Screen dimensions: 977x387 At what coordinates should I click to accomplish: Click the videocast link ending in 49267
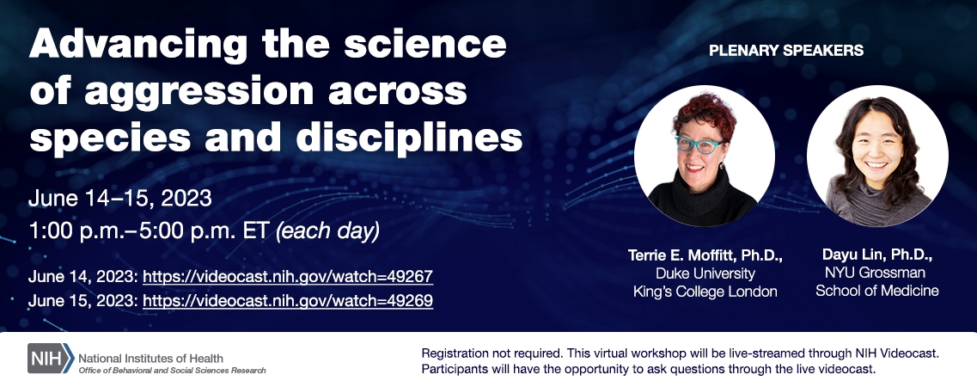pos(288,276)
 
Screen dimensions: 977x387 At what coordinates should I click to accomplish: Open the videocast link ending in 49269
pos(288,301)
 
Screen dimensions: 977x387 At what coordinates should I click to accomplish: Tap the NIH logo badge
pos(51,359)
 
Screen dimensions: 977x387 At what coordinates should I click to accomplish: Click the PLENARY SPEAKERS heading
pos(786,51)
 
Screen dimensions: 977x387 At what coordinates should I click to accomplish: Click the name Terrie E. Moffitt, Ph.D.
pos(705,255)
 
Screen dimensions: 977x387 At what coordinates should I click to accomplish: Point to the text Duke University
pos(705,273)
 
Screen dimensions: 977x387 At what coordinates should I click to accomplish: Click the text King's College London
pos(705,292)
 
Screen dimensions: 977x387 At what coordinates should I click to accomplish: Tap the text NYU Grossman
pos(875,273)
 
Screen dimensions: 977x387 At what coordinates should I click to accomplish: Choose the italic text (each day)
pos(327,231)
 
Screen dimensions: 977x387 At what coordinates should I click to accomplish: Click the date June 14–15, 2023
pos(120,199)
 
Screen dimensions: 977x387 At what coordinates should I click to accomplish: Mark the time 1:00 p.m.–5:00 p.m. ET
pos(150,231)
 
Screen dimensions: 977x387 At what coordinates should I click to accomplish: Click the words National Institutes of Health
pos(150,359)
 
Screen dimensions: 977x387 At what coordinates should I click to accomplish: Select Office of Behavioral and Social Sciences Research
pos(172,370)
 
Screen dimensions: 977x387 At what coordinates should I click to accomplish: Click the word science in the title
pos(425,45)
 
